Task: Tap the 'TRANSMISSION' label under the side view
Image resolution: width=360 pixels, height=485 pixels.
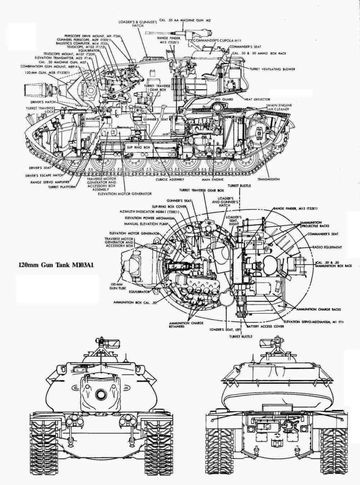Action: click(x=268, y=179)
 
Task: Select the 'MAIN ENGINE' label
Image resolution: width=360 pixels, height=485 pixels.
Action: click(x=212, y=179)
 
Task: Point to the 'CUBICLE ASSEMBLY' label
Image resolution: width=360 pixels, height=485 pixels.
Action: click(x=170, y=179)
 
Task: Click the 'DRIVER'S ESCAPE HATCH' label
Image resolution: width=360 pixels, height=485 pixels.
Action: click(x=44, y=175)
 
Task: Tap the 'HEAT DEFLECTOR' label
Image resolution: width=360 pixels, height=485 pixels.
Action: click(x=257, y=99)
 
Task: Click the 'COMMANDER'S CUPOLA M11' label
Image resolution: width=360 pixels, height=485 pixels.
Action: click(x=213, y=41)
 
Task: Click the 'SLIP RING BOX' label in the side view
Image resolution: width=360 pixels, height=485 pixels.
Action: click(x=138, y=148)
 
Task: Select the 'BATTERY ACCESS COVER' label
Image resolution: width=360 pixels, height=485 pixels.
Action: click(x=265, y=326)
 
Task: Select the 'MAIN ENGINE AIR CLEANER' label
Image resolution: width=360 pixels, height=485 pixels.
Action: click(x=279, y=107)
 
